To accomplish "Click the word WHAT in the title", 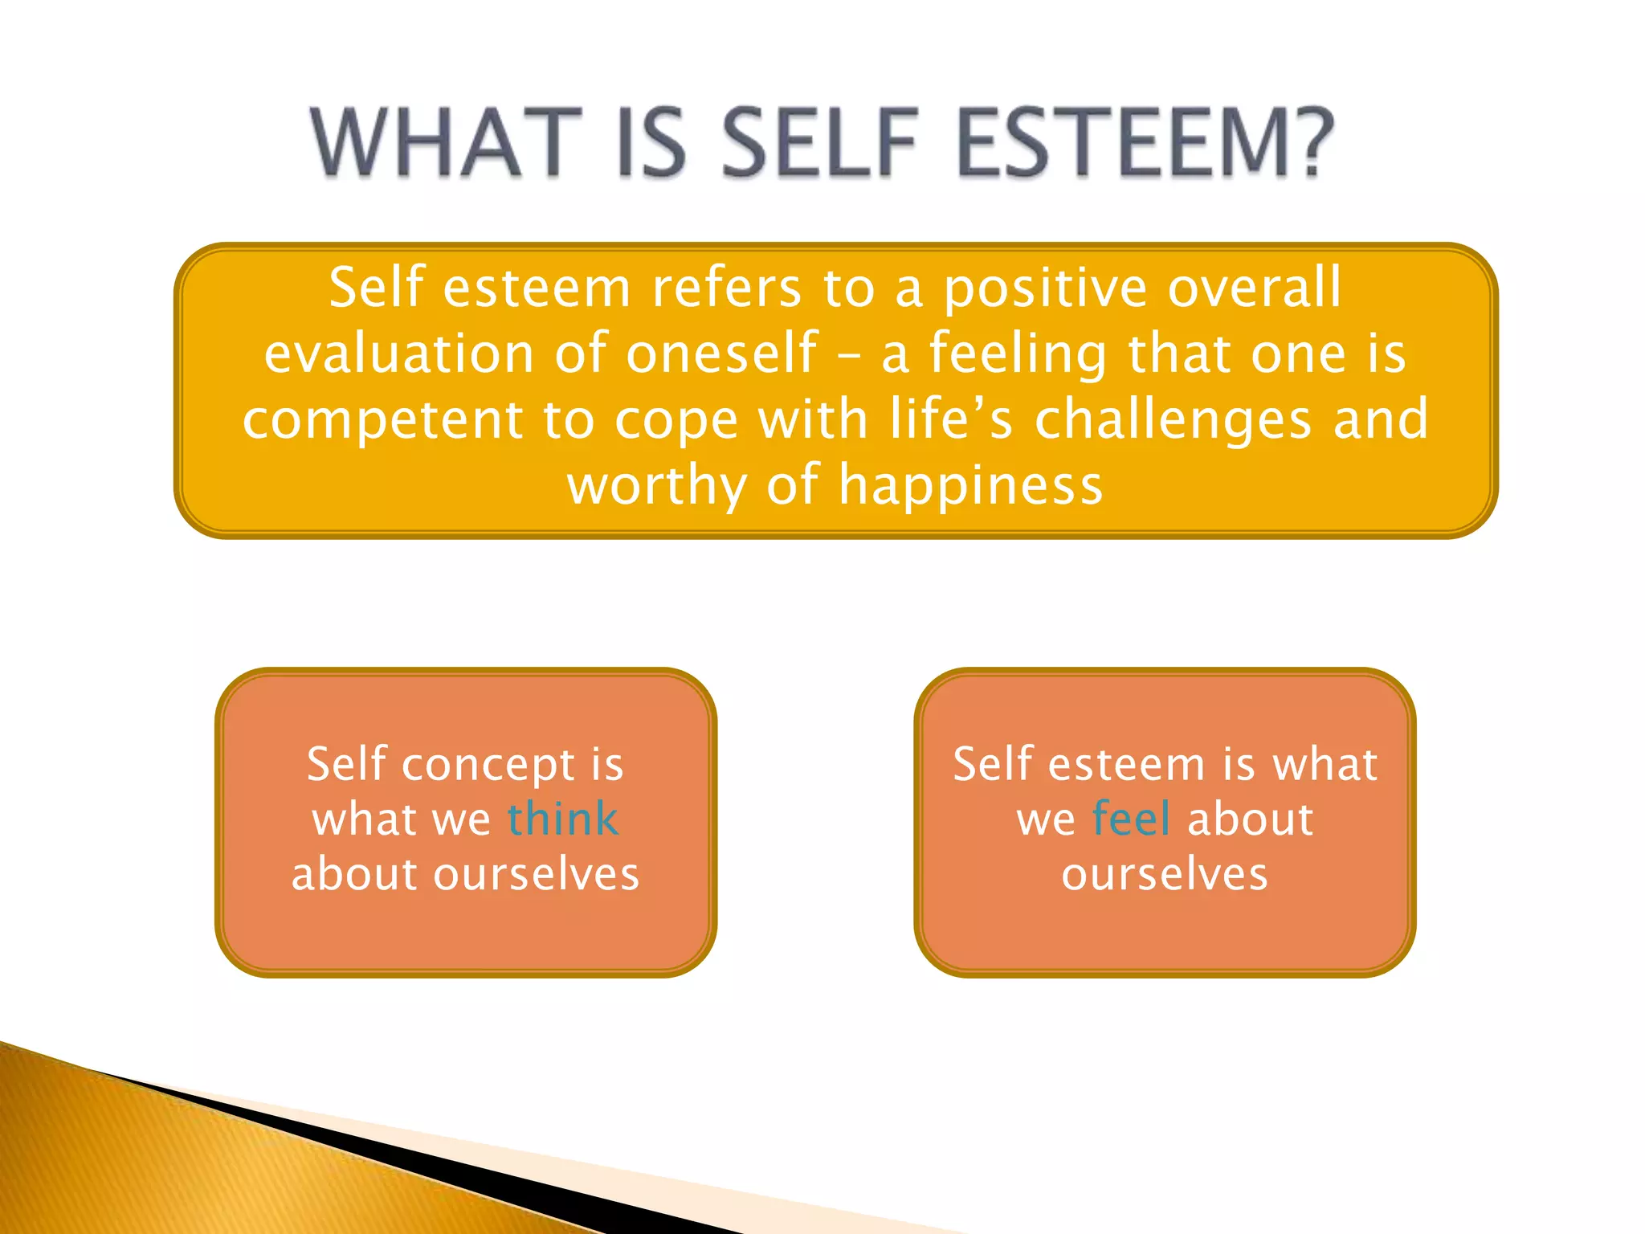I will click(446, 143).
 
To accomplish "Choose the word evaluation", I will click(398, 354).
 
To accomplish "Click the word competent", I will click(382, 420).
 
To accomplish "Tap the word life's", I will click(951, 419).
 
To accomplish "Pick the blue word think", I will click(562, 819).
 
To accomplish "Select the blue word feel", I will click(1131, 819).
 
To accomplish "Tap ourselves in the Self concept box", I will click(536, 874).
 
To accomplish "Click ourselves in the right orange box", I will click(1165, 874).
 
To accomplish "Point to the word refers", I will click(726, 288).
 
